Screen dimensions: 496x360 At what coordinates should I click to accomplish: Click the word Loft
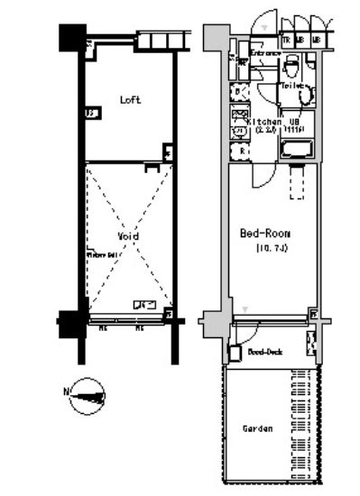pos(131,100)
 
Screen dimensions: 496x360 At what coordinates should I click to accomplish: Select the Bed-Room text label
pos(264,233)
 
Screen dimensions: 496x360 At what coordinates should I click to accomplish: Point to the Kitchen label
pos(263,121)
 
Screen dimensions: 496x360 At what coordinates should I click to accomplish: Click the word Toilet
pos(291,86)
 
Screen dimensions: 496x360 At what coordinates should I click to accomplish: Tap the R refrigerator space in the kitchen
pos(241,152)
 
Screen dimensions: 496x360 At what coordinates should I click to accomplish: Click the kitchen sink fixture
pos(240,114)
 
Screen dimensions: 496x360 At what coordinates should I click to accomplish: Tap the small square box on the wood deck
pos(235,354)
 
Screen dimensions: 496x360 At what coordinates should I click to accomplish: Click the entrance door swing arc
pos(263,23)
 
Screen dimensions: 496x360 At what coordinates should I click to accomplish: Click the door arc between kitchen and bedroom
pos(263,176)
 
